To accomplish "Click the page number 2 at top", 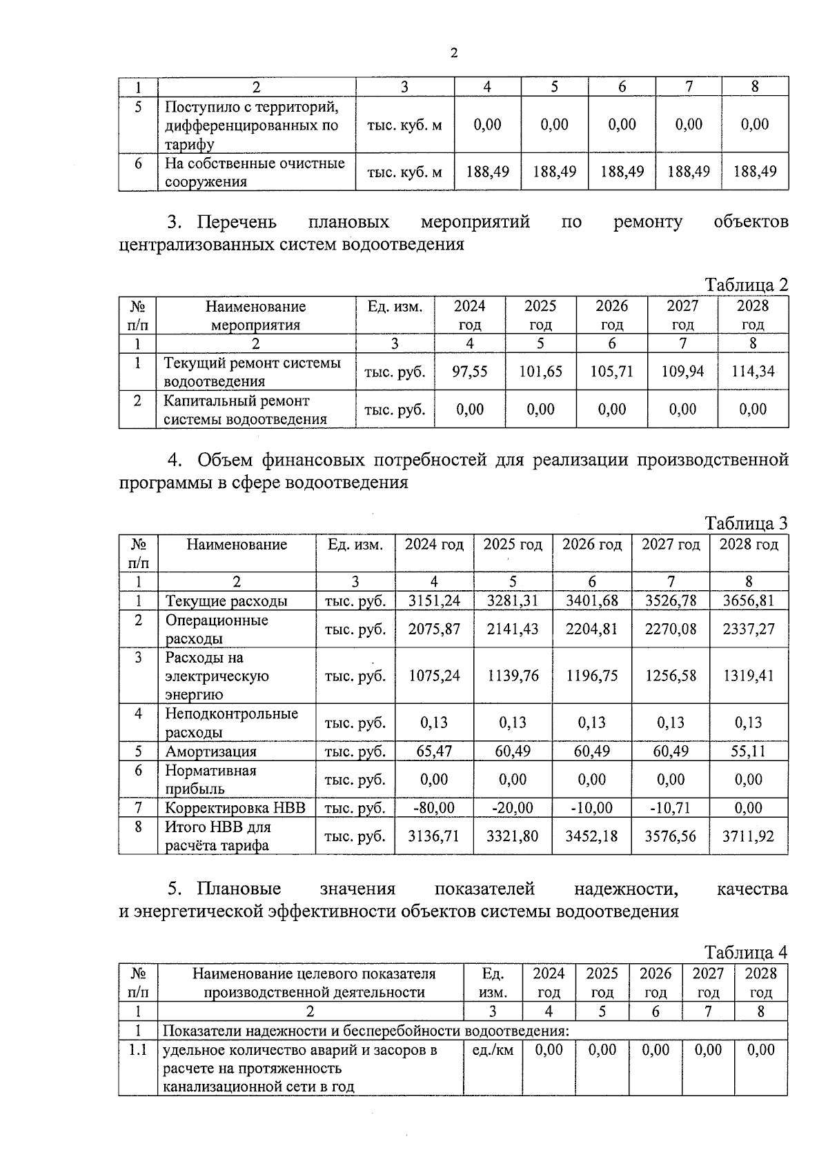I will (x=453, y=53).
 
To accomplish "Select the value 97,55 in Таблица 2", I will (x=469, y=372).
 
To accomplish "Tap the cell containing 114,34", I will (x=752, y=372).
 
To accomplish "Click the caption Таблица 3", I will (x=746, y=523).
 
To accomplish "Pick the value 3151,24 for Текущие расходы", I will (x=434, y=601).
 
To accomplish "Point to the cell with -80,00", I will (x=434, y=807).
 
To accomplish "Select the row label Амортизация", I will (x=210, y=752).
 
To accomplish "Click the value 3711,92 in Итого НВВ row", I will (x=748, y=836).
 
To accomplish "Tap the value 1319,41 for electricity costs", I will (x=748, y=676).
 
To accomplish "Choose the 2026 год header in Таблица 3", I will (x=591, y=545).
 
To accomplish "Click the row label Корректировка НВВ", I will (x=235, y=807).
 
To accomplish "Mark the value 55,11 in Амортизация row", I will (x=748, y=752).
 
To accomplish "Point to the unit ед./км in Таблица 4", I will (x=493, y=1050).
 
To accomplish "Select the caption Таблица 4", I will (x=746, y=953).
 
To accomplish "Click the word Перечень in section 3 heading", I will (x=237, y=222).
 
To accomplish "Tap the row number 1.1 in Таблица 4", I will (x=138, y=1050).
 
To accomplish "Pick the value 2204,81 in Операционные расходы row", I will (x=591, y=629).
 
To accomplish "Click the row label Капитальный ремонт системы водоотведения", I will (x=244, y=410).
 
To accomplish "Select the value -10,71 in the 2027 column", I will (x=670, y=807).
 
